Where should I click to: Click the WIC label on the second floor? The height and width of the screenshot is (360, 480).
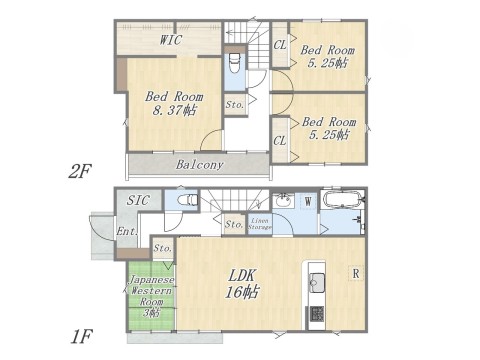170,40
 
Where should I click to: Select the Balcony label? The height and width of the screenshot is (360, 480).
199,164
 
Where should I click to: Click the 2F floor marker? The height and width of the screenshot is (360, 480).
81,170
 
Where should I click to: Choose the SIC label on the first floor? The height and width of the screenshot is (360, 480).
138,201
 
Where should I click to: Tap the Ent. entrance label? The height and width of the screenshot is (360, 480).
128,232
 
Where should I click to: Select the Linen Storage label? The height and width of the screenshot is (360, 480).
260,225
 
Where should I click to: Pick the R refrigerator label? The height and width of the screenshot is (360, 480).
355,272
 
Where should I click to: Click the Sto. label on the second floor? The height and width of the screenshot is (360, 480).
235,104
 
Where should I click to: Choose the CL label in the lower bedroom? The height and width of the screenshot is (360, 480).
280,141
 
